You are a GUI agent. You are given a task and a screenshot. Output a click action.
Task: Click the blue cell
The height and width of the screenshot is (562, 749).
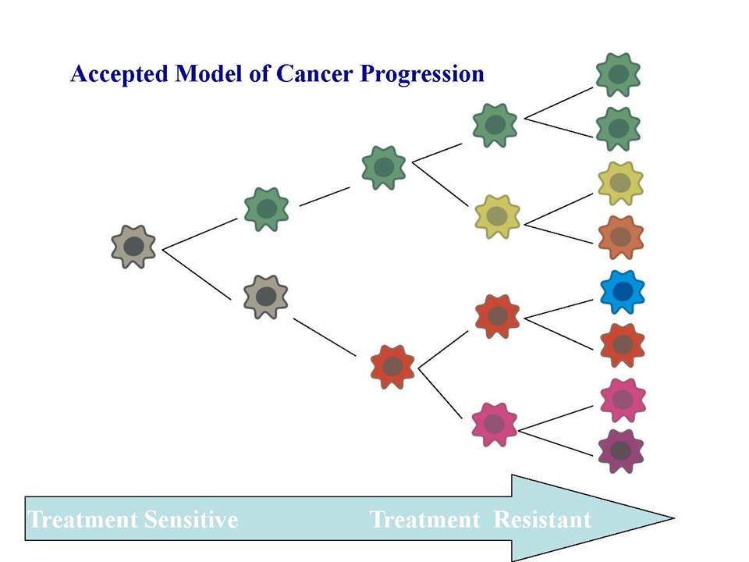click(x=622, y=291)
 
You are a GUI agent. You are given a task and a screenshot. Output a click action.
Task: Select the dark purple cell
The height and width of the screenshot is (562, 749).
click(x=620, y=450)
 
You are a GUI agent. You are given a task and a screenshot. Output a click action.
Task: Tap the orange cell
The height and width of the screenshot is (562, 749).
click(x=620, y=237)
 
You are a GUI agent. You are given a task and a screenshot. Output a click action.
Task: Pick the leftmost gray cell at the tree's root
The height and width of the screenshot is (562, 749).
click(x=133, y=247)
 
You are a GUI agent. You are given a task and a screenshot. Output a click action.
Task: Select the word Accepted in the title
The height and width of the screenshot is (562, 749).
click(x=119, y=75)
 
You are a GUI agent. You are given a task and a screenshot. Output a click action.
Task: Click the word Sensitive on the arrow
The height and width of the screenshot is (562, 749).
click(x=191, y=520)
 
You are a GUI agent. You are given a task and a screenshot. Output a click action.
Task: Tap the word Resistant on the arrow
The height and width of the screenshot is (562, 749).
click(x=542, y=520)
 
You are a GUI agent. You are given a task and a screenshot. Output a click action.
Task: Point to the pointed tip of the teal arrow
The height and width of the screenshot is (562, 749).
click(x=674, y=518)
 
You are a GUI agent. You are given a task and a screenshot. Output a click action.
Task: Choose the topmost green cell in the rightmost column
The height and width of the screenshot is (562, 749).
click(x=618, y=75)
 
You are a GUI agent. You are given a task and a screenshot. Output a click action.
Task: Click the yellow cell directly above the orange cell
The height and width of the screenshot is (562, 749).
click(x=620, y=183)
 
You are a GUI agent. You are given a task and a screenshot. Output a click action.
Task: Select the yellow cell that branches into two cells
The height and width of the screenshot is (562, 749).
click(x=497, y=216)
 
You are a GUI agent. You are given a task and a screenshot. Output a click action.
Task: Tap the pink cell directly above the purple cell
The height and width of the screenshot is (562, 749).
click(x=623, y=400)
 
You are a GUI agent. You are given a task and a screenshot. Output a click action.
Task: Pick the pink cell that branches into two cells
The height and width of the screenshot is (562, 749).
click(x=494, y=425)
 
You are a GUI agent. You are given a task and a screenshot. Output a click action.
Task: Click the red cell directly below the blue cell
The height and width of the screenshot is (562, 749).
click(x=622, y=344)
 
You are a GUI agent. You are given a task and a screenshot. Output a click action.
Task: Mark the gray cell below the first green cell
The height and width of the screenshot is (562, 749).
click(x=265, y=297)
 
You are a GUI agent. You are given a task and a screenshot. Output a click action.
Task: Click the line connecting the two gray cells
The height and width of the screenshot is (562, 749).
click(x=197, y=274)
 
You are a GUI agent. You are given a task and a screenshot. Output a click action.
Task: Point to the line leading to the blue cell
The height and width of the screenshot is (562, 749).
click(x=559, y=309)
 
